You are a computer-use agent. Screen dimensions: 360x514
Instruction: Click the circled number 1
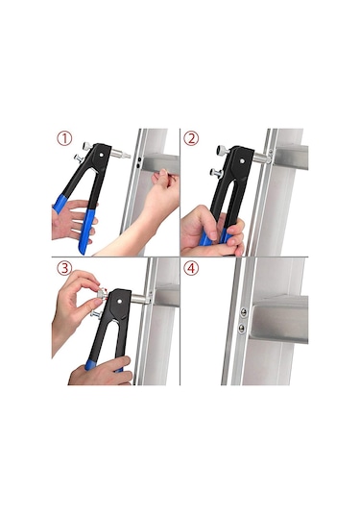64,138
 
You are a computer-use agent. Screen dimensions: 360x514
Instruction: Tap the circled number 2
191,138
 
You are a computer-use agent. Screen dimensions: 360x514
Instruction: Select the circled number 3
64,268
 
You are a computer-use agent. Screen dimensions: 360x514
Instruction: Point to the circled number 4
191,268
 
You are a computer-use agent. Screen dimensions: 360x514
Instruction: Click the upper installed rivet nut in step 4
244,312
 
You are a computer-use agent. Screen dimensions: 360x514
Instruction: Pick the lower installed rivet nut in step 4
241,328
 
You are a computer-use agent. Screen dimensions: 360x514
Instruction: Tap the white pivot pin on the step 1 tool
102,154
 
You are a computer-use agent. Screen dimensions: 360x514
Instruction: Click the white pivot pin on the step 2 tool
242,161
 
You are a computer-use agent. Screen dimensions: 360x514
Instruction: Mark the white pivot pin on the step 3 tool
119,301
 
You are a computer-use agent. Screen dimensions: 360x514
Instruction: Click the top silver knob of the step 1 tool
87,146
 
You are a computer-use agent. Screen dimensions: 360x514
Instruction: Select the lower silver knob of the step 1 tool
79,159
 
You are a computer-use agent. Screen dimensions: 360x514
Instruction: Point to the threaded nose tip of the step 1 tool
127,155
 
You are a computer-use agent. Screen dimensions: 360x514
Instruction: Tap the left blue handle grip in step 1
61,205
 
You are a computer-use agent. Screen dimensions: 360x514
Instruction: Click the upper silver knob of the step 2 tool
223,150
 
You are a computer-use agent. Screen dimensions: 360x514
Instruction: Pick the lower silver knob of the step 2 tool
216,173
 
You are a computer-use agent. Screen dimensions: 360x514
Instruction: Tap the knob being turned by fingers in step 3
102,292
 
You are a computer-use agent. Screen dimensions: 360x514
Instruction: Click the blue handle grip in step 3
89,365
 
